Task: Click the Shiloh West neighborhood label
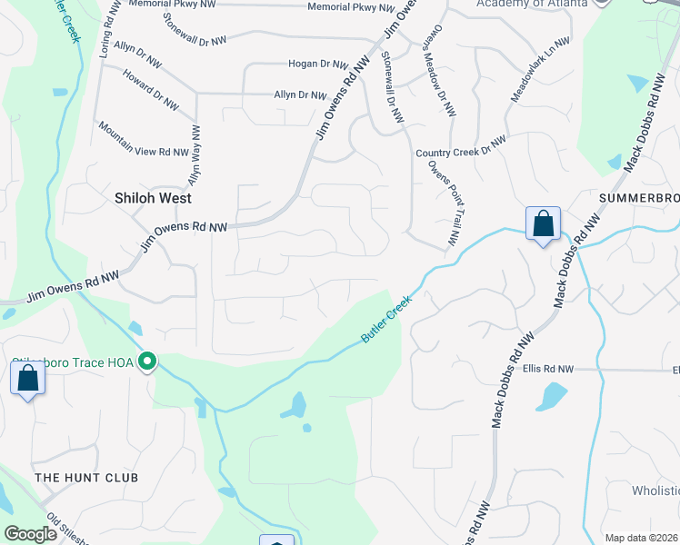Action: pyautogui.click(x=153, y=197)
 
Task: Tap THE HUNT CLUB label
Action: pyautogui.click(x=86, y=477)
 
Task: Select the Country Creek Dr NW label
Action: pyautogui.click(x=460, y=147)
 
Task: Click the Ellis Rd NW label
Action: pyautogui.click(x=548, y=370)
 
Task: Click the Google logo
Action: pyautogui.click(x=30, y=533)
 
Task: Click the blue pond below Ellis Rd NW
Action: pyautogui.click(x=552, y=395)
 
